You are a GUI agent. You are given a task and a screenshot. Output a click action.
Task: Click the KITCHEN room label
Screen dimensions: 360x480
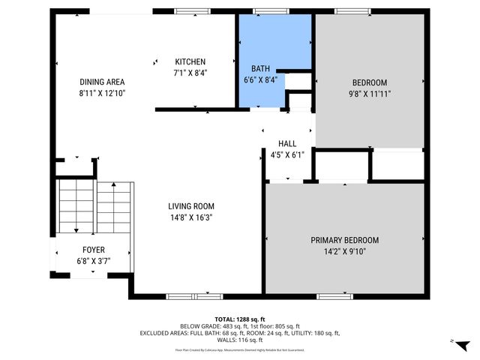pyautogui.click(x=190, y=61)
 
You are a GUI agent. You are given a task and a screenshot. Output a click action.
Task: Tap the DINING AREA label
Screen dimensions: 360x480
pyautogui.click(x=102, y=82)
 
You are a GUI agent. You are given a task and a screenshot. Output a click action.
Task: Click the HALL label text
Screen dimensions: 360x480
pyautogui.click(x=287, y=143)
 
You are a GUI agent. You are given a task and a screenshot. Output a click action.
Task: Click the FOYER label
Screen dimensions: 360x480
pyautogui.click(x=94, y=250)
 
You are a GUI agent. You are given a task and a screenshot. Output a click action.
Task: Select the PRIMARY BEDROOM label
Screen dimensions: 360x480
pyautogui.click(x=345, y=240)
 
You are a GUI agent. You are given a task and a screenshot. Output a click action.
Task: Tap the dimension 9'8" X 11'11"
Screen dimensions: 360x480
pyautogui.click(x=370, y=94)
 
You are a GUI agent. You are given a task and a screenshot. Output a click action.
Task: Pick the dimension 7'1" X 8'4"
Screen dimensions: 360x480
pyautogui.click(x=190, y=73)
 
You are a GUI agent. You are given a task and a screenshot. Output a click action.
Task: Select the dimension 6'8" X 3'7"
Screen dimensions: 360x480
pyautogui.click(x=94, y=261)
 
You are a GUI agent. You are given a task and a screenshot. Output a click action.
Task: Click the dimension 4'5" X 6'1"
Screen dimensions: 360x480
pyautogui.click(x=287, y=155)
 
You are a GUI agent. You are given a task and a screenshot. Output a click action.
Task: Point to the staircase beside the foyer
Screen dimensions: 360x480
pyautogui.click(x=95, y=208)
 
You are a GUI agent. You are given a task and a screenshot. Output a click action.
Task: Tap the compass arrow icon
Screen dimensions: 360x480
pyautogui.click(x=463, y=344)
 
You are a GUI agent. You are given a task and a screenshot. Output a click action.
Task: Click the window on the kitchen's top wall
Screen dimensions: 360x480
pyautogui.click(x=186, y=11)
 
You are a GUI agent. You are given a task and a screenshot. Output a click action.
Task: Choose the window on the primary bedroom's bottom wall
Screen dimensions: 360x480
pyautogui.click(x=334, y=296)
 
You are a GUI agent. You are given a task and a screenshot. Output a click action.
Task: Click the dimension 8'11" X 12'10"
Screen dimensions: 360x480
pyautogui.click(x=102, y=94)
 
